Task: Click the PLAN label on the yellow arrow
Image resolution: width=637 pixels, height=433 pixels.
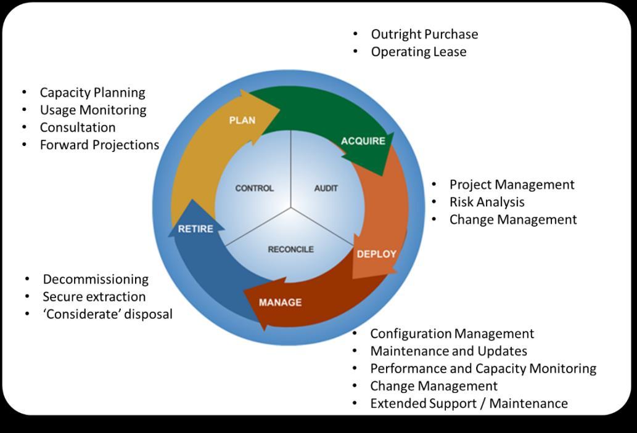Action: click(242, 120)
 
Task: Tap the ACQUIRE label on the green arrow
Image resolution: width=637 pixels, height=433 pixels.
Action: click(363, 141)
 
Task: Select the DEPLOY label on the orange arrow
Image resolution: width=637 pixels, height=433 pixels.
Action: click(376, 254)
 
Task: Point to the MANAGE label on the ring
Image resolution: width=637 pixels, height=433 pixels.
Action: click(280, 302)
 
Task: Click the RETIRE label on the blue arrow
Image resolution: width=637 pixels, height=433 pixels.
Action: click(195, 229)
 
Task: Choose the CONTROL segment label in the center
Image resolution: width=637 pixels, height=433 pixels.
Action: click(254, 188)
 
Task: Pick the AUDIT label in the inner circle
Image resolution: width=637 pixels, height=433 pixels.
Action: click(326, 188)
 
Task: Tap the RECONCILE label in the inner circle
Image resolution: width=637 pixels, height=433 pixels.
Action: click(290, 249)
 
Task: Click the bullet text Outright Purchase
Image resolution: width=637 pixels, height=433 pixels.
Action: click(424, 34)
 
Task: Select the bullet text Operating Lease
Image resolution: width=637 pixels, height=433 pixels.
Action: click(418, 52)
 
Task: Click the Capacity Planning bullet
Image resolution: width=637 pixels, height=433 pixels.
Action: click(92, 92)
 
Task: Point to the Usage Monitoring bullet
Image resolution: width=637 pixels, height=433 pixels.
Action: click(93, 110)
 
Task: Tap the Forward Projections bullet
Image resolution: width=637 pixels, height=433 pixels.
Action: click(99, 145)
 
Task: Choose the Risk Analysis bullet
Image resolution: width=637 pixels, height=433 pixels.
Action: click(487, 202)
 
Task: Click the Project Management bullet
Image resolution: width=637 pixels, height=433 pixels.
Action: click(512, 185)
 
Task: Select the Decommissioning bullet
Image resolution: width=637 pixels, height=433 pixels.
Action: click(96, 280)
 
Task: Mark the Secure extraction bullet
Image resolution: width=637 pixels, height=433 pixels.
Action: click(94, 297)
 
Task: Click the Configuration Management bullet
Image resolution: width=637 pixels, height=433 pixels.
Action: click(452, 334)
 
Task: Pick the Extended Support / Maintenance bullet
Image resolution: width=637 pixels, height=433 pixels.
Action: click(469, 403)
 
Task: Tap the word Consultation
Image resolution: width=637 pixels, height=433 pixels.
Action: click(78, 127)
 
